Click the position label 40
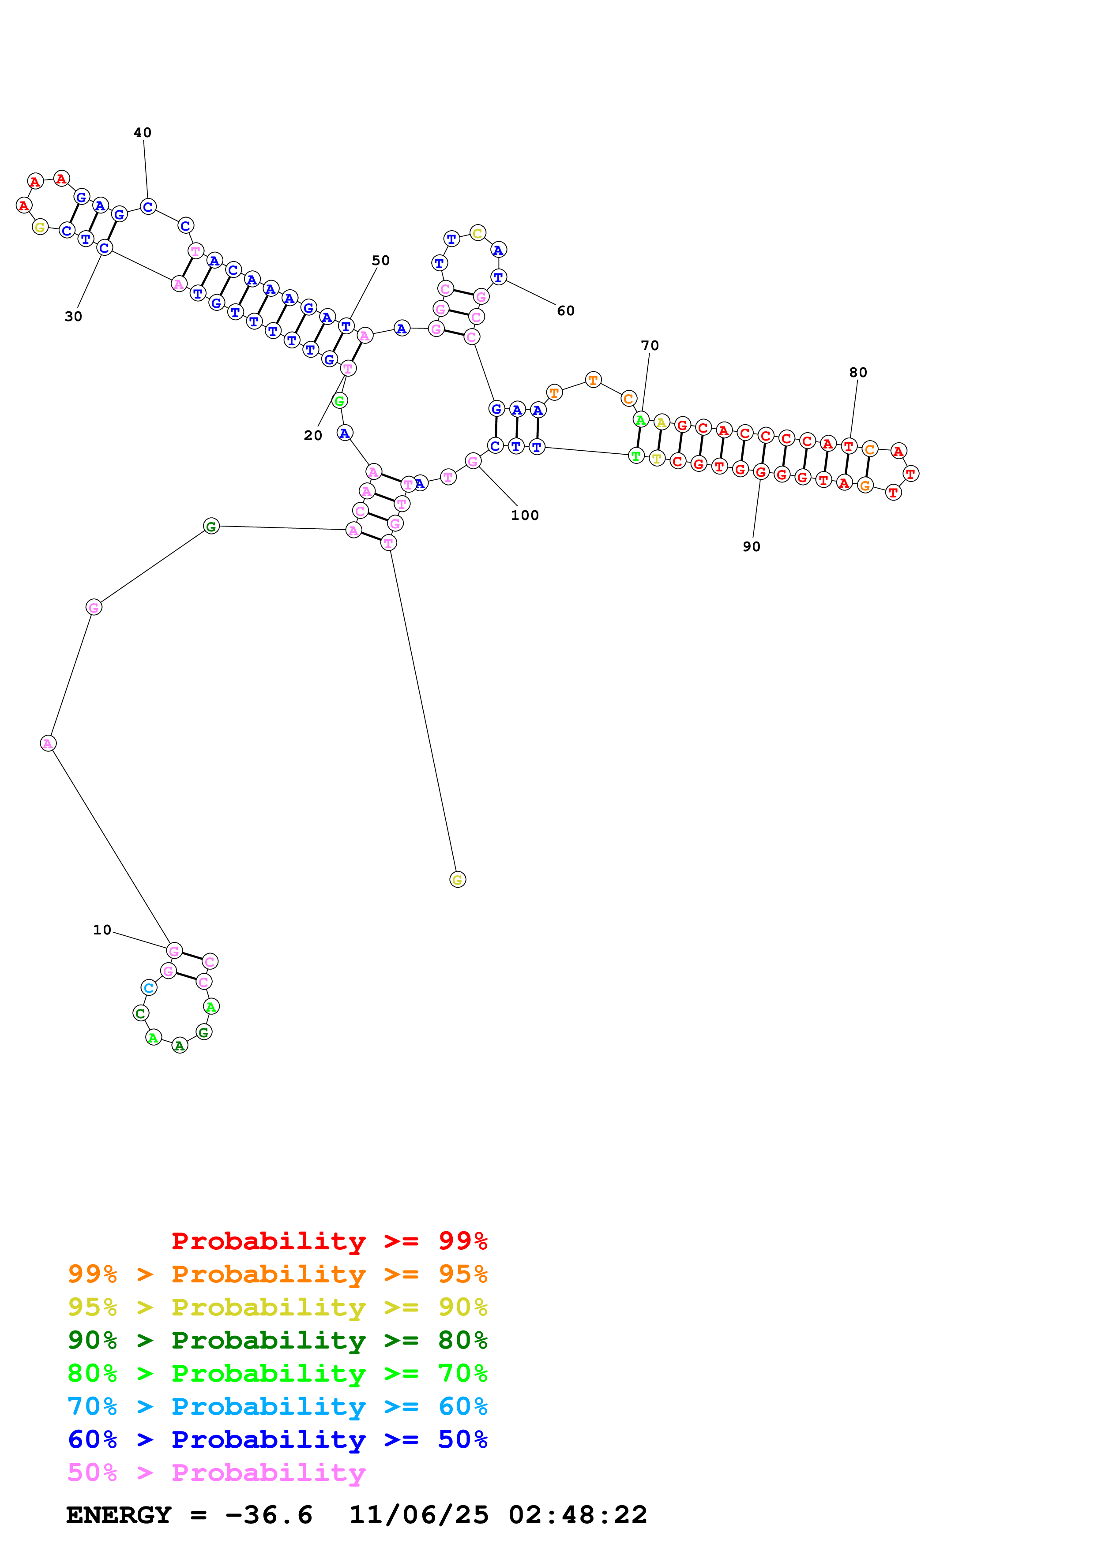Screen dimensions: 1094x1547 pos(142,133)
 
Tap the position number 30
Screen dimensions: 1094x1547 pos(73,317)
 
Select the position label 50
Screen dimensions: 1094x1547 pos(381,261)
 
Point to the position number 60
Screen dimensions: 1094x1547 pos(566,310)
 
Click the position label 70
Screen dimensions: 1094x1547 pos(650,346)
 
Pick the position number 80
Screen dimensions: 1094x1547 pos(858,373)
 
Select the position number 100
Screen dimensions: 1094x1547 pos(524,516)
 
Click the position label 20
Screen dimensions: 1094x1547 pos(313,436)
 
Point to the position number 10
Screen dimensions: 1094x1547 pos(102,930)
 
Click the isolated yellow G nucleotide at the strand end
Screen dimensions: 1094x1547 pos(458,879)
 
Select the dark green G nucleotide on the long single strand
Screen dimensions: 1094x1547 pos(211,526)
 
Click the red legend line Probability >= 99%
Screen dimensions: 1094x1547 pos(329,1241)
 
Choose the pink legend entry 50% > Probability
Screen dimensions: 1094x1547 pos(216,1472)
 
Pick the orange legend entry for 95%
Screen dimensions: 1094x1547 pos(277,1274)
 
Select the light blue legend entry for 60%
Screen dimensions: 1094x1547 pos(277,1406)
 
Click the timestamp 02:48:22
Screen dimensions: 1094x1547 pos(578,1515)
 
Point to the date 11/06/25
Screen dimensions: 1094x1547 pos(419,1515)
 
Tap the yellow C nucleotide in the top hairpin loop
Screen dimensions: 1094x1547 pos(477,234)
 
